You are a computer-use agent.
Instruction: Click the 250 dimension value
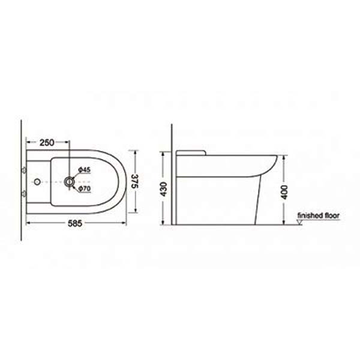click(47, 143)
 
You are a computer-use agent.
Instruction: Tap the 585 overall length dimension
click(75, 223)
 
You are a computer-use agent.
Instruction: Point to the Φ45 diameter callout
click(84, 170)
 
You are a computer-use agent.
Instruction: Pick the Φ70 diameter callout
click(84, 188)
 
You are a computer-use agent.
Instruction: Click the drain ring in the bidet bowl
click(69, 182)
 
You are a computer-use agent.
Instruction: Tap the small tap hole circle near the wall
click(37, 182)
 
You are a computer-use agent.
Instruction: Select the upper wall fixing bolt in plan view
click(23, 170)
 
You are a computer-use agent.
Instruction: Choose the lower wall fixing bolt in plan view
click(23, 194)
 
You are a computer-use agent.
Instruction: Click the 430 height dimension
click(164, 189)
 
